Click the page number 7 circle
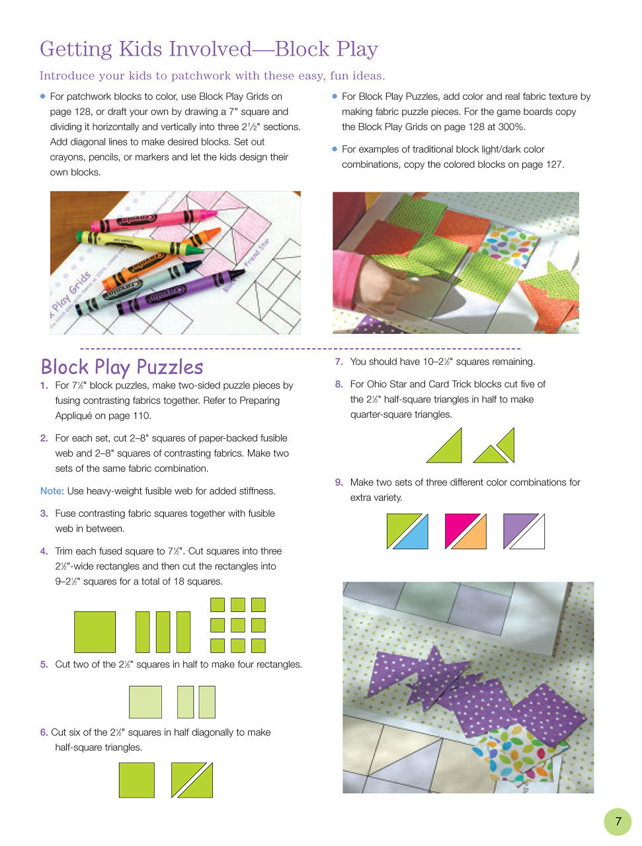[x=618, y=822]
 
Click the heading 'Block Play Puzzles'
[x=122, y=367]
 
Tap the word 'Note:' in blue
[x=52, y=491]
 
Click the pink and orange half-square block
[x=465, y=531]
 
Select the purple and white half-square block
[x=524, y=531]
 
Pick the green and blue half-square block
[x=407, y=531]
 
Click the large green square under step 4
[x=95, y=632]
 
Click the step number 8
[x=339, y=384]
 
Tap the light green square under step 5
[x=145, y=702]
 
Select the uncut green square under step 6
[x=136, y=780]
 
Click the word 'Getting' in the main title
[x=76, y=49]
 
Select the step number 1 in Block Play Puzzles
[x=44, y=385]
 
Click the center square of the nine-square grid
[x=238, y=625]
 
